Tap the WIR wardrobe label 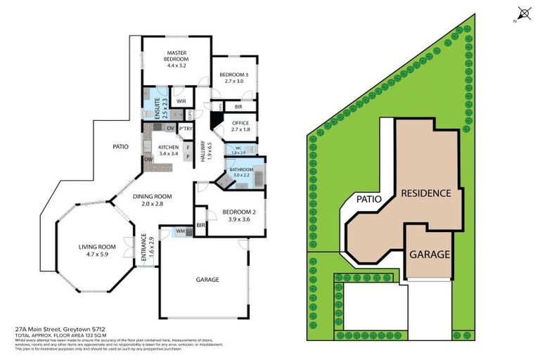[x=181, y=101]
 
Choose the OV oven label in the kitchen [x=170, y=128]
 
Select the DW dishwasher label [x=148, y=160]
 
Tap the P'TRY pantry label [x=186, y=129]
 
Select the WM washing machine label [x=180, y=231]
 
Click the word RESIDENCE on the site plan [x=425, y=193]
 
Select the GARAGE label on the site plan [x=430, y=254]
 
